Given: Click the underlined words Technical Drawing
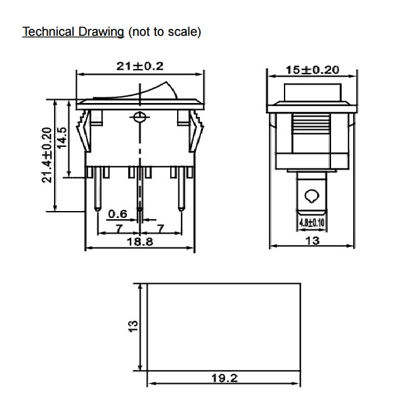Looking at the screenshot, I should pos(73,31).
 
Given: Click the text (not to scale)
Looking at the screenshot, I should pos(164,31).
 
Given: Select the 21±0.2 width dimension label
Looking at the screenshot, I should pos(139,66).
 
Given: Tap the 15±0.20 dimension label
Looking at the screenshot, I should pos(312,70).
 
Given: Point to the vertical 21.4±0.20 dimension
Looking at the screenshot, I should pos(46,155).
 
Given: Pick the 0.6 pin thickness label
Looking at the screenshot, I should pos(117,214).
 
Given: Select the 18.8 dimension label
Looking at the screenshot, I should pos(139,242).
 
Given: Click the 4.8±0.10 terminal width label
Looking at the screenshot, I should pos(311,222).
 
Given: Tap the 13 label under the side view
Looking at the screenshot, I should pos(312,241).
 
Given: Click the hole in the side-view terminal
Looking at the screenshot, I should pos(311,195).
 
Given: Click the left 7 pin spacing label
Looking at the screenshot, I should pos(118,229).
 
